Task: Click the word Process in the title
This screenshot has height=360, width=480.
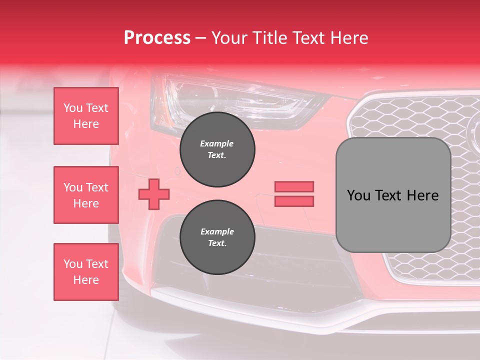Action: coord(157,38)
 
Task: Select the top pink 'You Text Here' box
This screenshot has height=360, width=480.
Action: coord(86,116)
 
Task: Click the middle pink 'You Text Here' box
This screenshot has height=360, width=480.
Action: coord(86,195)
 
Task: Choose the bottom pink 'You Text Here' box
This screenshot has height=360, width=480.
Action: coord(86,272)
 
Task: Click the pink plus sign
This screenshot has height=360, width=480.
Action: coord(154,194)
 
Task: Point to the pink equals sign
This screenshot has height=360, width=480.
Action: coord(294,194)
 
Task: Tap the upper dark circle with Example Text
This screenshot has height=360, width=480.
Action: coord(217,149)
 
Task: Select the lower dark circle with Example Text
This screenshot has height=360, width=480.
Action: coord(217,237)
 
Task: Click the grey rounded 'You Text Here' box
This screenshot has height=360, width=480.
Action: coord(393,195)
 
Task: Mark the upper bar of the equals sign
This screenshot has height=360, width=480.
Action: coord(294,187)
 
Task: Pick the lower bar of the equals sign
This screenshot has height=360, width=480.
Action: coord(294,201)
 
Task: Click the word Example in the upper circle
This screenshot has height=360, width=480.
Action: coord(216,144)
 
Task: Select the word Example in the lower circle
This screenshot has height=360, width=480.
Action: coord(217,232)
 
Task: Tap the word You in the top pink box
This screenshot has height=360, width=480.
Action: coord(72,108)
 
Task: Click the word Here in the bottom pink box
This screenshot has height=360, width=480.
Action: coord(86,280)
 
